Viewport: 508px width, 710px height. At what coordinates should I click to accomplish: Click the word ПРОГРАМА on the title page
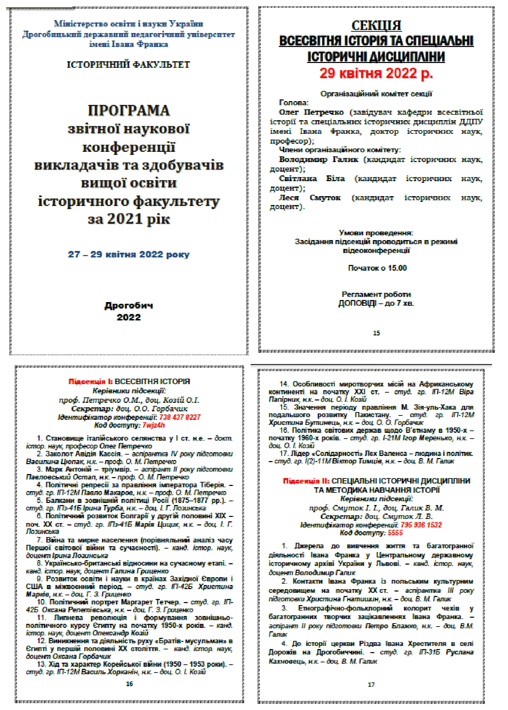tap(129, 111)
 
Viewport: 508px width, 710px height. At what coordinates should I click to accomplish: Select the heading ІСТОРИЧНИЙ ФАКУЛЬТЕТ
tap(128, 65)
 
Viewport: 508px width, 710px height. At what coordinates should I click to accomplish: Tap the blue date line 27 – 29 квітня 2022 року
tap(129, 254)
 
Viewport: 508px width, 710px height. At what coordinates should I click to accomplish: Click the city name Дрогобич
tap(129, 305)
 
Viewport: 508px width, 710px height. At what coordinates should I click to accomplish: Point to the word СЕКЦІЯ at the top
tap(376, 26)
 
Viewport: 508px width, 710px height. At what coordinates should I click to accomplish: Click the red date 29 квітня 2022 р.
tap(376, 74)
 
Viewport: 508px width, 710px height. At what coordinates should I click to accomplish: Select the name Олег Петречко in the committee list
tap(311, 112)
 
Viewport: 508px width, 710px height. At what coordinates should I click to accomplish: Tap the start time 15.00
tap(397, 268)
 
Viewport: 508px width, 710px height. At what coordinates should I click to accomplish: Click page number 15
tap(376, 333)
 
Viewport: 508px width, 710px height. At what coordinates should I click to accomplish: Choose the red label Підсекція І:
tap(91, 381)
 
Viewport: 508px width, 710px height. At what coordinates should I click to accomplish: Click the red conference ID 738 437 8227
tap(180, 417)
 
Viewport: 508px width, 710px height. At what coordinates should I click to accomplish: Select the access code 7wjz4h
tap(154, 425)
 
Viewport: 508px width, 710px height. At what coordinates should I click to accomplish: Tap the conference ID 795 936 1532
tap(421, 525)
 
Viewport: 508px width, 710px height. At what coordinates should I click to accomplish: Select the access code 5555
tap(395, 533)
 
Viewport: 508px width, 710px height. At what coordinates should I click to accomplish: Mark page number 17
tap(371, 684)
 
